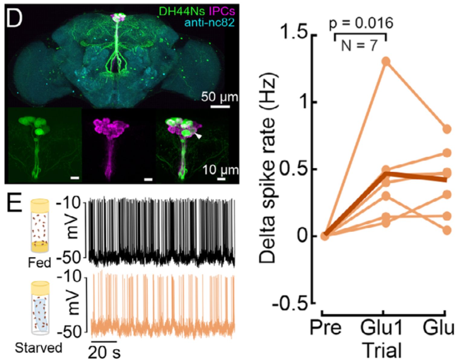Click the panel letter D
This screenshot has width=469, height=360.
point(15,18)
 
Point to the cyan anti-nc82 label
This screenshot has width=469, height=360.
point(209,22)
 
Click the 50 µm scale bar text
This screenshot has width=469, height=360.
point(220,97)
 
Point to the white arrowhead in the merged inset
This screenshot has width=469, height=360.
point(198,136)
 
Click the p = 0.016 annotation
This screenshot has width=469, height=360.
point(361,23)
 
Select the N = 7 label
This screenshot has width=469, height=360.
point(360,46)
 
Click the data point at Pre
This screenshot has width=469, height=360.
point(324,235)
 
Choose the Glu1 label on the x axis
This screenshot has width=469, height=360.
point(381,328)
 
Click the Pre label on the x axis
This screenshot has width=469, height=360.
point(325,328)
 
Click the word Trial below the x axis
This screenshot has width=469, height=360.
point(383,350)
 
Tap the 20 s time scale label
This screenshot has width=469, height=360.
point(104,352)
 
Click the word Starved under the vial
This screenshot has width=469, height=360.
point(38,348)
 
